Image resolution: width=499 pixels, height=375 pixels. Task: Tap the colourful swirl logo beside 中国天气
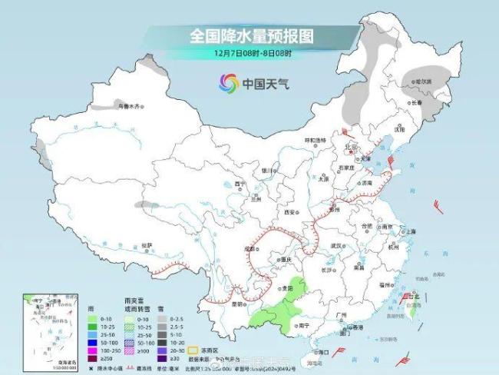coord(229,81)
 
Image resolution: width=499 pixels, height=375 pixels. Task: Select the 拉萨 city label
coord(147,244)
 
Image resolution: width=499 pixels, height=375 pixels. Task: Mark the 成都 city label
coord(251,248)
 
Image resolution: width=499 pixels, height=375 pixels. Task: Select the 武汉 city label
coord(335,245)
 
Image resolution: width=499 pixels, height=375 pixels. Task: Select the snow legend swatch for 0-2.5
coord(161,316)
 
